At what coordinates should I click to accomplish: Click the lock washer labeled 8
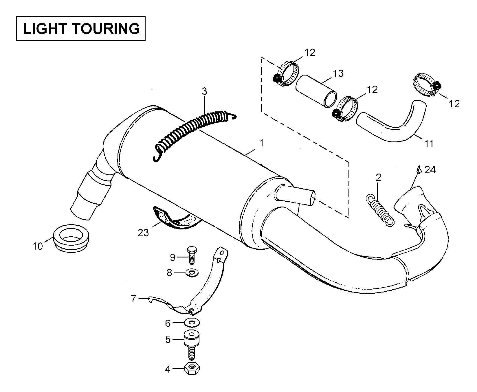click(x=192, y=272)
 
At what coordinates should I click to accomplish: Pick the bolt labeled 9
click(x=191, y=255)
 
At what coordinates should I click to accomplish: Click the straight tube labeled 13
click(x=316, y=91)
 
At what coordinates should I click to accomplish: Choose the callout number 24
click(x=430, y=170)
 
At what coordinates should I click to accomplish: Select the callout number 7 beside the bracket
click(x=133, y=299)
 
